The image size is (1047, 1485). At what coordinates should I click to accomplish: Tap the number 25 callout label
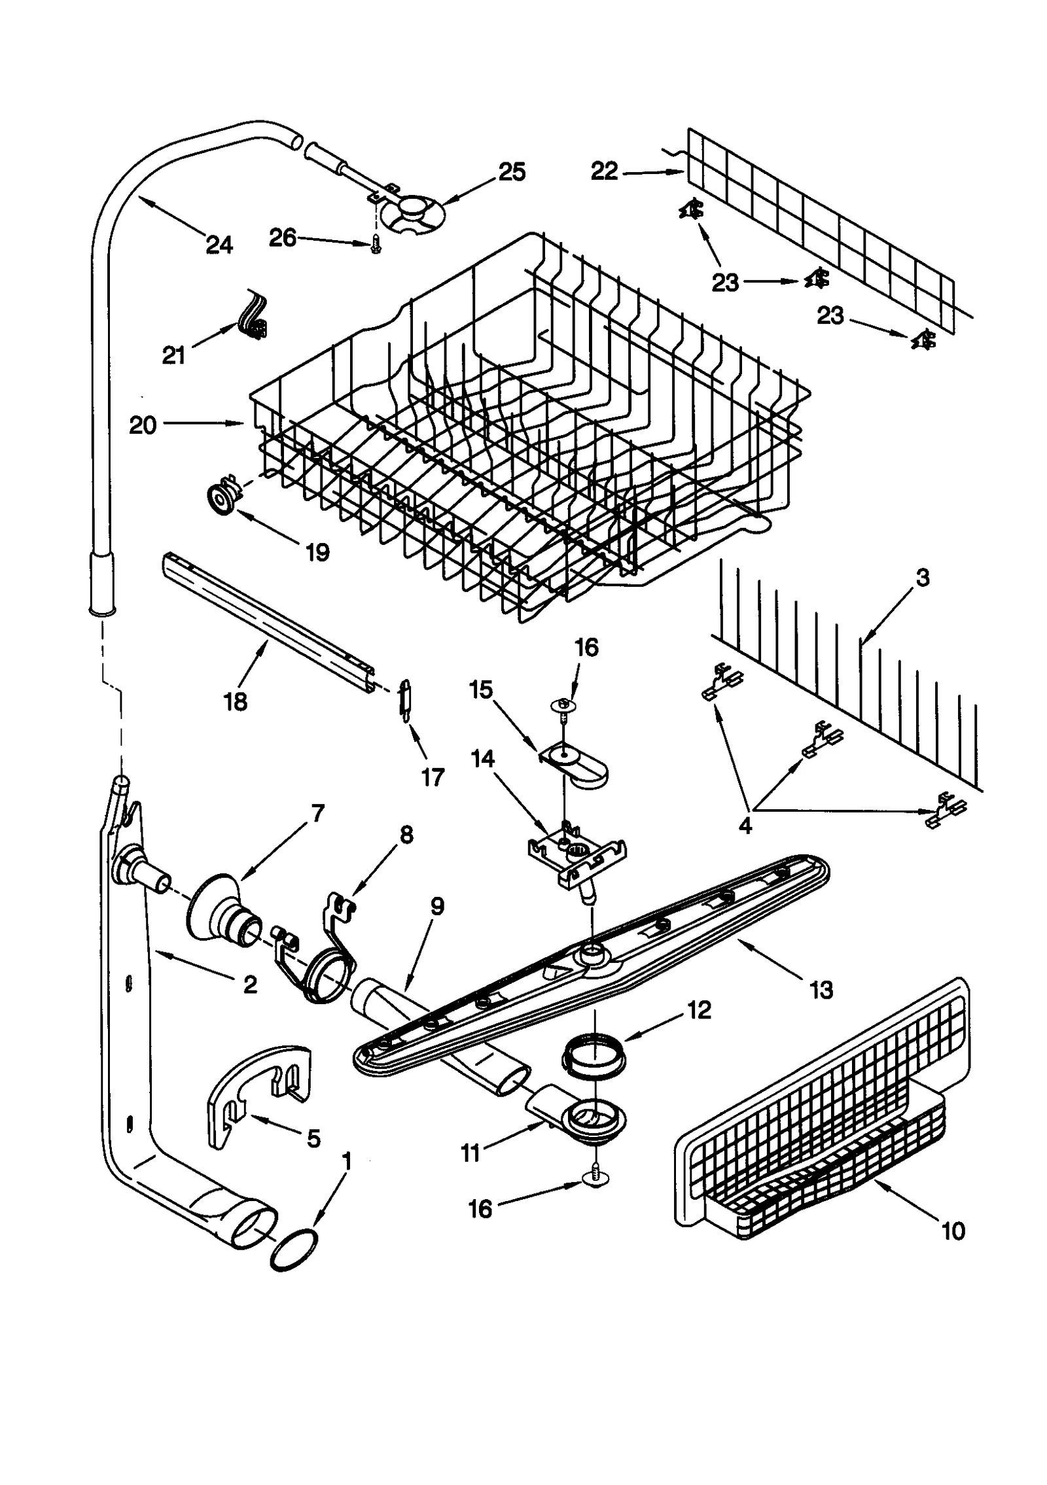[x=512, y=172]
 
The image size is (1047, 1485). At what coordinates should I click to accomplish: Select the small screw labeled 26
[x=376, y=245]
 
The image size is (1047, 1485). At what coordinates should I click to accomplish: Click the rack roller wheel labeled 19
[x=222, y=500]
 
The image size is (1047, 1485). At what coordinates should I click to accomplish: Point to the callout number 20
[x=143, y=425]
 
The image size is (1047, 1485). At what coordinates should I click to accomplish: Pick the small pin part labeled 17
[x=406, y=699]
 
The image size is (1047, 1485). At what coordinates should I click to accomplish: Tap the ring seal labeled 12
[x=593, y=1055]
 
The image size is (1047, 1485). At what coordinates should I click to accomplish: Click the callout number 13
[x=821, y=990]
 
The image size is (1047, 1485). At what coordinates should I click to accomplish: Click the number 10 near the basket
[x=953, y=1231]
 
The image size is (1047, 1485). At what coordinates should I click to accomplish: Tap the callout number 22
[x=604, y=171]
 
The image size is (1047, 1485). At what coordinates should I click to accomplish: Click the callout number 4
[x=745, y=826]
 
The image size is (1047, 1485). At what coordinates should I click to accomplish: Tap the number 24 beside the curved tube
[x=219, y=245]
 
